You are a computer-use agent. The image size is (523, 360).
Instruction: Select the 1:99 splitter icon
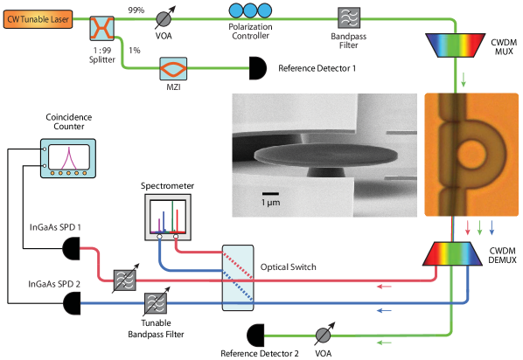point(102,28)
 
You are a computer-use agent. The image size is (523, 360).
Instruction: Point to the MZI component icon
point(172,66)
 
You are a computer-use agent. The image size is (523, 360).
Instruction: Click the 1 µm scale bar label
point(272,202)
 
